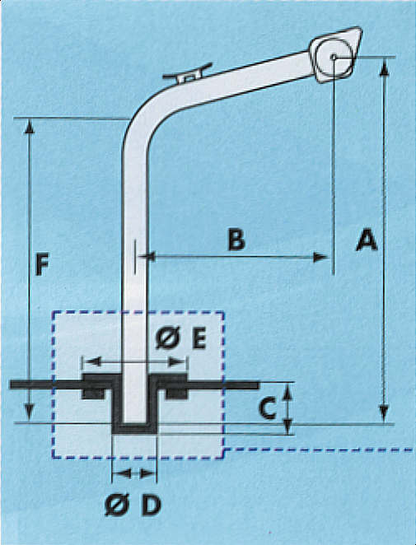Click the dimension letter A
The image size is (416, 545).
(365, 241)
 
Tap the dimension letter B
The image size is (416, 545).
(236, 240)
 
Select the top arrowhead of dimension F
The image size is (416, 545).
(30, 126)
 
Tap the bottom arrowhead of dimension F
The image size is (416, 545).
(30, 417)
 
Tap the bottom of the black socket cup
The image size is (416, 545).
(134, 427)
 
